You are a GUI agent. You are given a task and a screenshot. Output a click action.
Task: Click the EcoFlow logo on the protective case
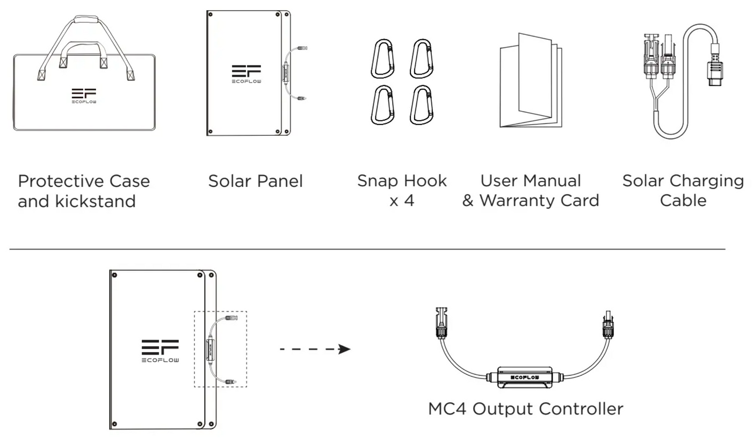[x=84, y=95]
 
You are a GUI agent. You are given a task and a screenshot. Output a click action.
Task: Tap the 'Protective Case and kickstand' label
[x=84, y=191]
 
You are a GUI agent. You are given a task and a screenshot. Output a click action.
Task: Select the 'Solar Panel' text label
[x=255, y=181]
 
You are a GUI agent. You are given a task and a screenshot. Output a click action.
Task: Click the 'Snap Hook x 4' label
[x=402, y=191]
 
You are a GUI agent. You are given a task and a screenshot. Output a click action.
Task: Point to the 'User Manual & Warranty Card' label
[x=531, y=191]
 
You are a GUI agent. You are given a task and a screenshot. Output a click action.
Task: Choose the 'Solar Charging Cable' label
[x=683, y=191]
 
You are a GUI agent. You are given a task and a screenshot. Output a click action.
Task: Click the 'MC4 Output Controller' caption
[x=525, y=409]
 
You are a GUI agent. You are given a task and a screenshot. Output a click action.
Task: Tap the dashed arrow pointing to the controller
[x=315, y=350]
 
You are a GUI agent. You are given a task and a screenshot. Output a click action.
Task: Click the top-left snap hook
[x=382, y=58]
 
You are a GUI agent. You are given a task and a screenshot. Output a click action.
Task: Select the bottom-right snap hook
[x=422, y=105]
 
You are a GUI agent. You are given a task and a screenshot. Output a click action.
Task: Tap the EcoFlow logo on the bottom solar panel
[x=160, y=351]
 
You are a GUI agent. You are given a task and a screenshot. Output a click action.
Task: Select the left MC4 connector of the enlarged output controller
[x=440, y=323]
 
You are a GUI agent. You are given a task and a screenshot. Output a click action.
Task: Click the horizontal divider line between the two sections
[x=367, y=249]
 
